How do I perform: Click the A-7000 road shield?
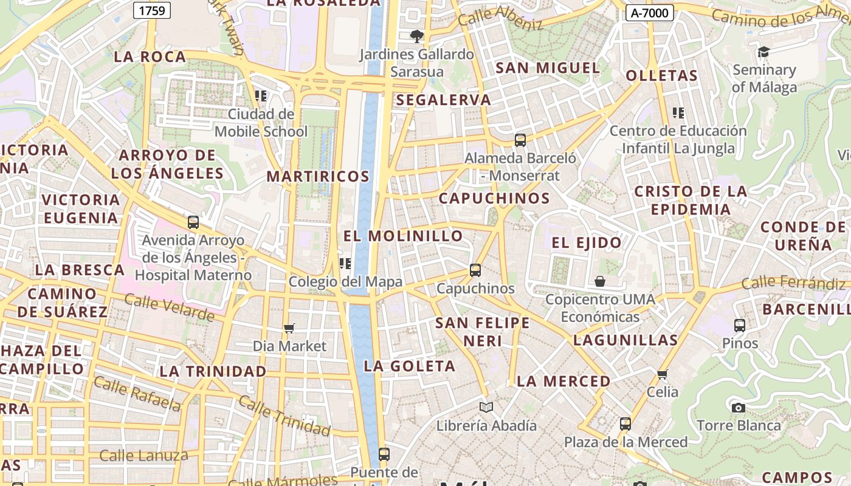click(x=650, y=13)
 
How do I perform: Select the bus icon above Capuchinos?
click(x=475, y=270)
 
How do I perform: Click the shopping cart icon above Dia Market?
click(x=289, y=328)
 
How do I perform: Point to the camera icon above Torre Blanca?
click(x=739, y=408)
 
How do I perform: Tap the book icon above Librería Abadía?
click(x=486, y=407)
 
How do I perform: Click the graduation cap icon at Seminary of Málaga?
click(x=763, y=52)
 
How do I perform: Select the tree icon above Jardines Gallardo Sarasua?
click(x=416, y=36)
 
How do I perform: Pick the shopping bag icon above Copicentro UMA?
click(x=600, y=281)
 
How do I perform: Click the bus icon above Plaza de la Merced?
click(x=625, y=424)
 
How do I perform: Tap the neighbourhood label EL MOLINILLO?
click(x=403, y=236)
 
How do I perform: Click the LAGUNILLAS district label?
click(x=625, y=340)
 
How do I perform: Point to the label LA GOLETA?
click(x=409, y=366)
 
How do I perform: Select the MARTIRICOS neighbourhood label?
click(x=318, y=177)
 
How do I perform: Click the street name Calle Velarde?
click(x=170, y=307)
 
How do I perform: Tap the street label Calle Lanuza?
click(x=143, y=456)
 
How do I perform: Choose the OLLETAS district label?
click(x=661, y=76)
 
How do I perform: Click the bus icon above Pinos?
click(x=740, y=326)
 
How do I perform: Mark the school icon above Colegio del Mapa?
click(x=345, y=264)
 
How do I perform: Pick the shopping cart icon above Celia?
click(x=663, y=374)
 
